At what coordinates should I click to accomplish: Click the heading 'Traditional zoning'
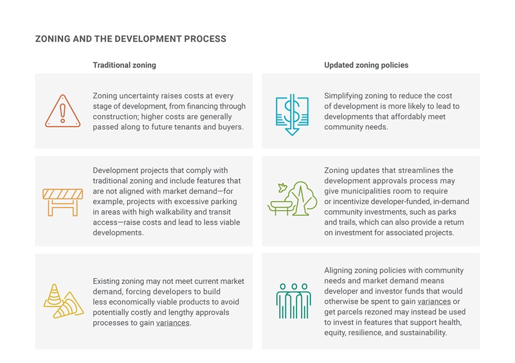click(x=124, y=65)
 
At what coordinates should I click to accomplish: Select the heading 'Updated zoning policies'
click(x=366, y=65)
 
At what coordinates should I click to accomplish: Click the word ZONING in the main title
click(x=53, y=39)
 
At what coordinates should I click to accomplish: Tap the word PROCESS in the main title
click(x=205, y=39)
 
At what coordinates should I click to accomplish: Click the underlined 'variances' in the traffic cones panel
click(x=173, y=323)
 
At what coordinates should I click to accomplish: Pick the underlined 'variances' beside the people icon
click(x=434, y=301)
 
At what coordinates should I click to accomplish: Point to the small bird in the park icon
click(x=282, y=188)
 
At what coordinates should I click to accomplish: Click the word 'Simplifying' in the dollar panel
click(x=344, y=96)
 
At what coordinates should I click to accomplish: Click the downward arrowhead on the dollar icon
click(x=292, y=132)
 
